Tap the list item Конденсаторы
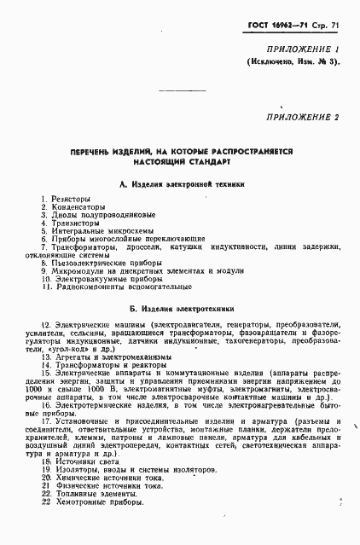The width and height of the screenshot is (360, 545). (x=77, y=207)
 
